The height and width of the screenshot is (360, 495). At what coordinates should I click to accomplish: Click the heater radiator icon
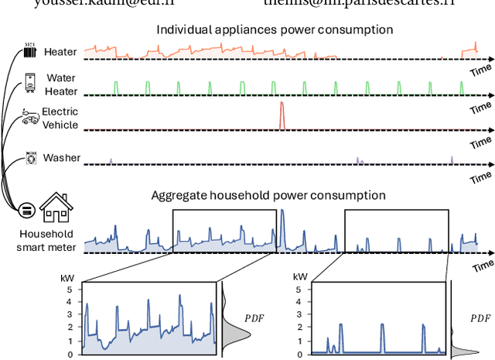pyautogui.click(x=30, y=52)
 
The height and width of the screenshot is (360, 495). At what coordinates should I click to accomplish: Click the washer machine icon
pyautogui.click(x=31, y=157)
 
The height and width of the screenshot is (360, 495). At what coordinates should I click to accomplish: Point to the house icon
pyautogui.click(x=56, y=207)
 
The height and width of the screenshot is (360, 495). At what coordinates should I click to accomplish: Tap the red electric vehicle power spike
pyautogui.click(x=282, y=115)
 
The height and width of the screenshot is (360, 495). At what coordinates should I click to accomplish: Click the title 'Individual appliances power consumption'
pyautogui.click(x=275, y=30)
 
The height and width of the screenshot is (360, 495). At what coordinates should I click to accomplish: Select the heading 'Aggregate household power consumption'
pyautogui.click(x=268, y=195)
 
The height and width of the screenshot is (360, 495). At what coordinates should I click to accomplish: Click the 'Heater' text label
pyautogui.click(x=60, y=52)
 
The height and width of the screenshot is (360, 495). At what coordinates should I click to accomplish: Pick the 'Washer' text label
pyautogui.click(x=61, y=158)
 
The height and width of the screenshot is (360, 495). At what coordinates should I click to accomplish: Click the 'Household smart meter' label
pyautogui.click(x=46, y=240)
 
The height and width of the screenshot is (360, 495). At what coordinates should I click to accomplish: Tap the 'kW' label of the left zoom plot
pyautogui.click(x=67, y=276)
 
